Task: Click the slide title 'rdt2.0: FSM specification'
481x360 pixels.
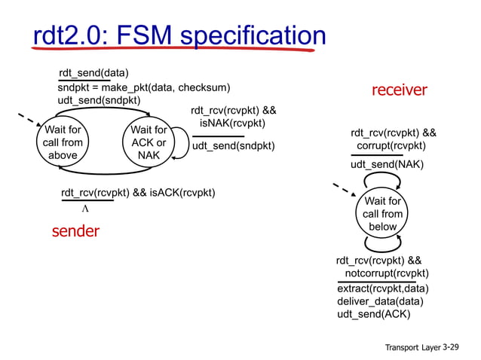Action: pos(179,35)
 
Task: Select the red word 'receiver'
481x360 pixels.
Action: pos(399,90)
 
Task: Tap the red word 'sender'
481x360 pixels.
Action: pos(75,231)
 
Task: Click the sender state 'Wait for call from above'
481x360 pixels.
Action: pos(63,143)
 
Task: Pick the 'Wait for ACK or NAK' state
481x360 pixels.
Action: pos(149,143)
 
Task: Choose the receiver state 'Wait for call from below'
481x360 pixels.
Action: pos(382,214)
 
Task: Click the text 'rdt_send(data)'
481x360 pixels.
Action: pos(93,73)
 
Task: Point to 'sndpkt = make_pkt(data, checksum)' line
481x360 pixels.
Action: pos(144,87)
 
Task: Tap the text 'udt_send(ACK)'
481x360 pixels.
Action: pos(374,314)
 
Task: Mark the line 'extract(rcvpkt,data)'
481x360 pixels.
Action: pos(383,288)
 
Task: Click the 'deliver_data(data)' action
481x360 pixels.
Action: pos(380,301)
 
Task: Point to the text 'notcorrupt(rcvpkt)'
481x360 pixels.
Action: pos(387,273)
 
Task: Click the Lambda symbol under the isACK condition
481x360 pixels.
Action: pos(85,209)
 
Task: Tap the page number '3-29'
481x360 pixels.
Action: pos(450,346)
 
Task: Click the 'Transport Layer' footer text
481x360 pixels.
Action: pos(412,347)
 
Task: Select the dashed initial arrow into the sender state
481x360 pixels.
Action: pos(29,121)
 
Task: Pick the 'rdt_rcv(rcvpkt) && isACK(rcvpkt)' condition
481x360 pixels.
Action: pos(138,193)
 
